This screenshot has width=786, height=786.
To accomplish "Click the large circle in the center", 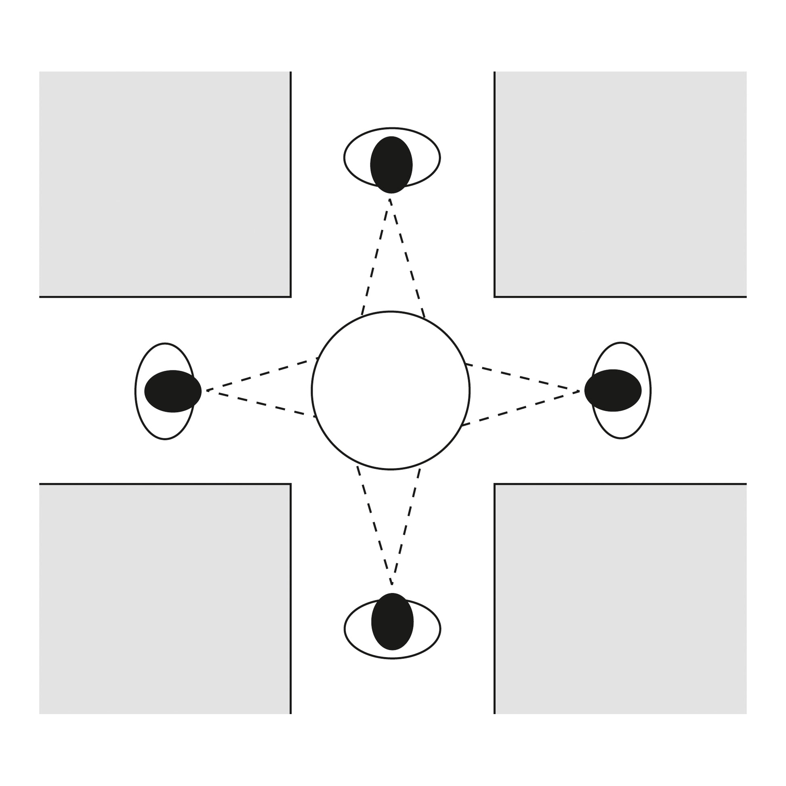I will click(x=391, y=391).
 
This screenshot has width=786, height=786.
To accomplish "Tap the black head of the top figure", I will click(x=391, y=165).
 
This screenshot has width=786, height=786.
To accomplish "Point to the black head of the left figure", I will click(x=173, y=391).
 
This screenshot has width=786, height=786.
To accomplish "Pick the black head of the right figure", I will click(x=613, y=390).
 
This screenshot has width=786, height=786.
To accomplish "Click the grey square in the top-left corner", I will click(x=165, y=184).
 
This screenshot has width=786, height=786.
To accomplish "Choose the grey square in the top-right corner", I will click(x=620, y=184).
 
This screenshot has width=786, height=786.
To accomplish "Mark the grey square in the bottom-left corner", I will click(x=165, y=599).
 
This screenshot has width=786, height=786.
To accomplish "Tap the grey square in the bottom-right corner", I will click(x=620, y=599).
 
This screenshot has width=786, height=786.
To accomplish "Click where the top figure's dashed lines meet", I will click(x=390, y=200).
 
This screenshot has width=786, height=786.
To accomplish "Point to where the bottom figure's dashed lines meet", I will click(x=392, y=584).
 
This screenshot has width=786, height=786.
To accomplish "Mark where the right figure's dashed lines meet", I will click(x=579, y=391).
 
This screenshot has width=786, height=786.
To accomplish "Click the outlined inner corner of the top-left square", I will click(x=290, y=296).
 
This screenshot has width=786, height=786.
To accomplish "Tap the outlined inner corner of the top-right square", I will click(x=495, y=296).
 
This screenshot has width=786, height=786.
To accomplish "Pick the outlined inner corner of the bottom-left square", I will click(x=290, y=484).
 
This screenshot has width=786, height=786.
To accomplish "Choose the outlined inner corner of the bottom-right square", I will click(x=495, y=484).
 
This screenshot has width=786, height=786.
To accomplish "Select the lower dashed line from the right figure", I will click(x=521, y=408).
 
